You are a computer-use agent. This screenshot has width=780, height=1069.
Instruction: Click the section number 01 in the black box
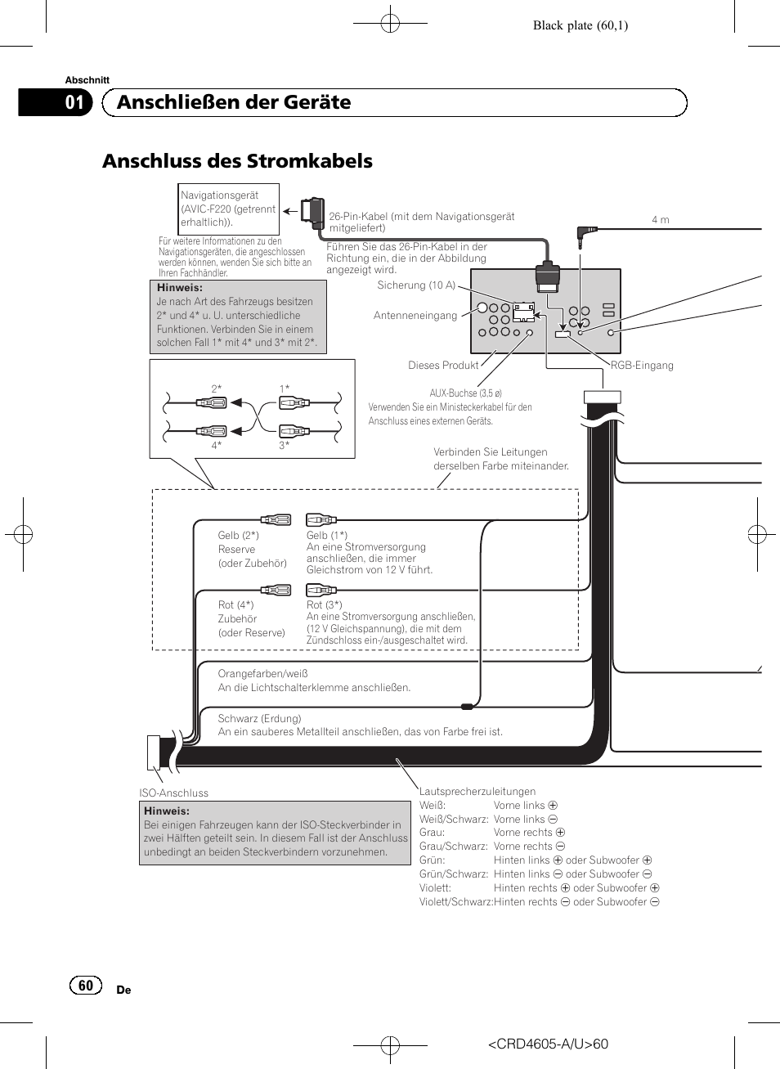coord(74,102)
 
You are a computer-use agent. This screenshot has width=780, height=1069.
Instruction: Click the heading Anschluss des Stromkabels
coord(237,161)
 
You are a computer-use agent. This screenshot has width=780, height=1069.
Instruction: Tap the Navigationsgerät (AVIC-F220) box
coord(229,209)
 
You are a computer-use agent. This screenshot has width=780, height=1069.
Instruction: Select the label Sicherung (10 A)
coord(416,285)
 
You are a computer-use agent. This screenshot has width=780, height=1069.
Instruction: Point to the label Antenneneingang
coord(415,316)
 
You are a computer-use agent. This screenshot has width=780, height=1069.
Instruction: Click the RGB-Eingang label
coord(642,366)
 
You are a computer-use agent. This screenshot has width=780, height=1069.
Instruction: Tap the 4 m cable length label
coord(660,220)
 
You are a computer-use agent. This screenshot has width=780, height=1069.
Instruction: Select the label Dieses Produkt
coord(443,366)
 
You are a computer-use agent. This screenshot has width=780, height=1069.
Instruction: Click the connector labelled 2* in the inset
coord(212,402)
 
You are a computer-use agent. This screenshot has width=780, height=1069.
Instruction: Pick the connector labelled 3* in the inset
coord(294,431)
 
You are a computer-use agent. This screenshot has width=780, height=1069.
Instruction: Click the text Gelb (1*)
coord(327,536)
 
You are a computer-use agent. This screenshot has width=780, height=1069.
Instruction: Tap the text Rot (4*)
coord(235,605)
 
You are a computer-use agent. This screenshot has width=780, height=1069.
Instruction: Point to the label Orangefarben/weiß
coord(262,674)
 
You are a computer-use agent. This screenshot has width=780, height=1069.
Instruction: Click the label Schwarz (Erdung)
coord(259,719)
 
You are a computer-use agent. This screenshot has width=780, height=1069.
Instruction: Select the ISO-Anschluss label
coord(173,793)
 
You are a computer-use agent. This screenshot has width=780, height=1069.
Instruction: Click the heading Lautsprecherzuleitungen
coord(477,792)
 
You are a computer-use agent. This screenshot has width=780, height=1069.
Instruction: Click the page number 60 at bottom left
coord(86,986)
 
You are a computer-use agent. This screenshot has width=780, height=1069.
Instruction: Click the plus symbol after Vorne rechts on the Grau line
coord(560,833)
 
